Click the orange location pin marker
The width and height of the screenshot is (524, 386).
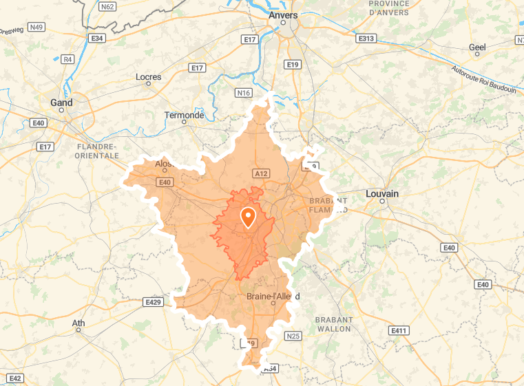pos(248,217)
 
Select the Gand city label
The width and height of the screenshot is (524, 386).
pos(61,103)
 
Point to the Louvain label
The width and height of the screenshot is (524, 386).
pos(382,194)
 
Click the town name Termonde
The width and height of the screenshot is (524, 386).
pos(184,115)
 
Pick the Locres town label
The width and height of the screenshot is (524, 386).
pos(148,77)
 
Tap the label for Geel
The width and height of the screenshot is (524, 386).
pos(477,47)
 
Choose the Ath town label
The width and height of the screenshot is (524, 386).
pos(78,323)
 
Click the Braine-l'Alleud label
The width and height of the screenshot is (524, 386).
pos(273,297)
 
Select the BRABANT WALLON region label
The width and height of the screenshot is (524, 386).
pos(333,324)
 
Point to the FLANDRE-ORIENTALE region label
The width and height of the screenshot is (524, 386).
pos(98,151)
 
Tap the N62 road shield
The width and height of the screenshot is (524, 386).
pos(107,7)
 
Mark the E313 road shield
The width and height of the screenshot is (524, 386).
pos(366,39)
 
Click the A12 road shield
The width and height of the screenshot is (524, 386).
pos(260,173)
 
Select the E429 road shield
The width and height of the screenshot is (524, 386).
pos(153,302)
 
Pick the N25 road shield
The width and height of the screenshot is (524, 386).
pos(293,336)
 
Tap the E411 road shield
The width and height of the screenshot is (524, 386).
pos(399,331)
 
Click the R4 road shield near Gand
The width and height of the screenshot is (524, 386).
pos(67,59)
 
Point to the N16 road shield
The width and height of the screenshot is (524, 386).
pos(243,93)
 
